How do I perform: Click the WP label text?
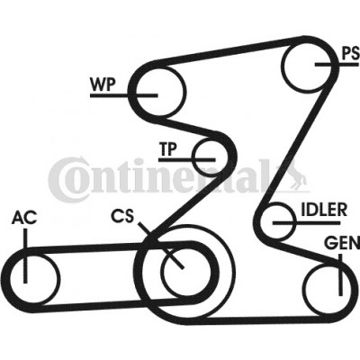tap(103, 85)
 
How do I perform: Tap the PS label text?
tap(351, 54)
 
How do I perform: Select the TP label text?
tap(168, 149)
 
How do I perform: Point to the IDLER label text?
tap(324, 210)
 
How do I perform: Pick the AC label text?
tap(24, 218)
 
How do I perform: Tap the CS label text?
tap(122, 216)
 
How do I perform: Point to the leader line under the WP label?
tap(124, 95)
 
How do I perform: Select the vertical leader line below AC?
tap(25, 256)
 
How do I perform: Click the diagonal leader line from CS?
tap(161, 245)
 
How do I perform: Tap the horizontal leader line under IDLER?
tap(307, 223)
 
